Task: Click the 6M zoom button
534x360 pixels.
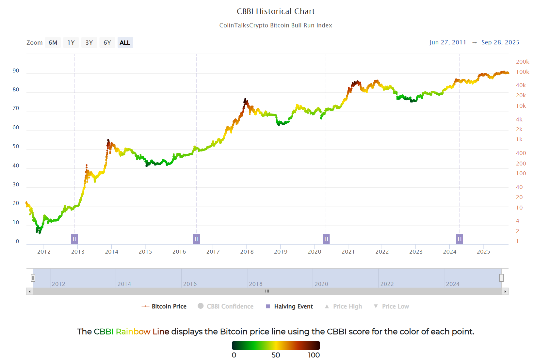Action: (53, 43)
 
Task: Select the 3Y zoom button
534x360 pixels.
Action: (89, 43)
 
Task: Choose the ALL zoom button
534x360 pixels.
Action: (125, 43)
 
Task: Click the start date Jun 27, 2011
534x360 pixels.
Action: (447, 42)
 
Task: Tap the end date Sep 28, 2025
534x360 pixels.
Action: (500, 42)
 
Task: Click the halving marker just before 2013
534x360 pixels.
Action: (74, 239)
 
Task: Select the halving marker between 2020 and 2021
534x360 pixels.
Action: (326, 239)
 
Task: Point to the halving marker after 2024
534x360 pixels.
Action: (460, 239)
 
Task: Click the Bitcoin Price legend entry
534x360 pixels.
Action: (169, 306)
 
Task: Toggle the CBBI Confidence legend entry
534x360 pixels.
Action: (230, 306)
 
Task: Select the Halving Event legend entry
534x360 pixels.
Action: (293, 306)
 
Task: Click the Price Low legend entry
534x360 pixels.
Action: (395, 306)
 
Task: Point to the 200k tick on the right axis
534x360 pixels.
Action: (522, 62)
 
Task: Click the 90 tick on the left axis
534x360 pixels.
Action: (16, 71)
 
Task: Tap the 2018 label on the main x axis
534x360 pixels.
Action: (247, 252)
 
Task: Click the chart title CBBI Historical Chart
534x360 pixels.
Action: (276, 11)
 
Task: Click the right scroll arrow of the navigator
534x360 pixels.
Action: (505, 291)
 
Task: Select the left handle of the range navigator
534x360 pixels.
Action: (33, 278)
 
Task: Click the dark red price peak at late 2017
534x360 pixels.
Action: (245, 100)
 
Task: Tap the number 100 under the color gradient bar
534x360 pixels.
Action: (314, 355)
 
